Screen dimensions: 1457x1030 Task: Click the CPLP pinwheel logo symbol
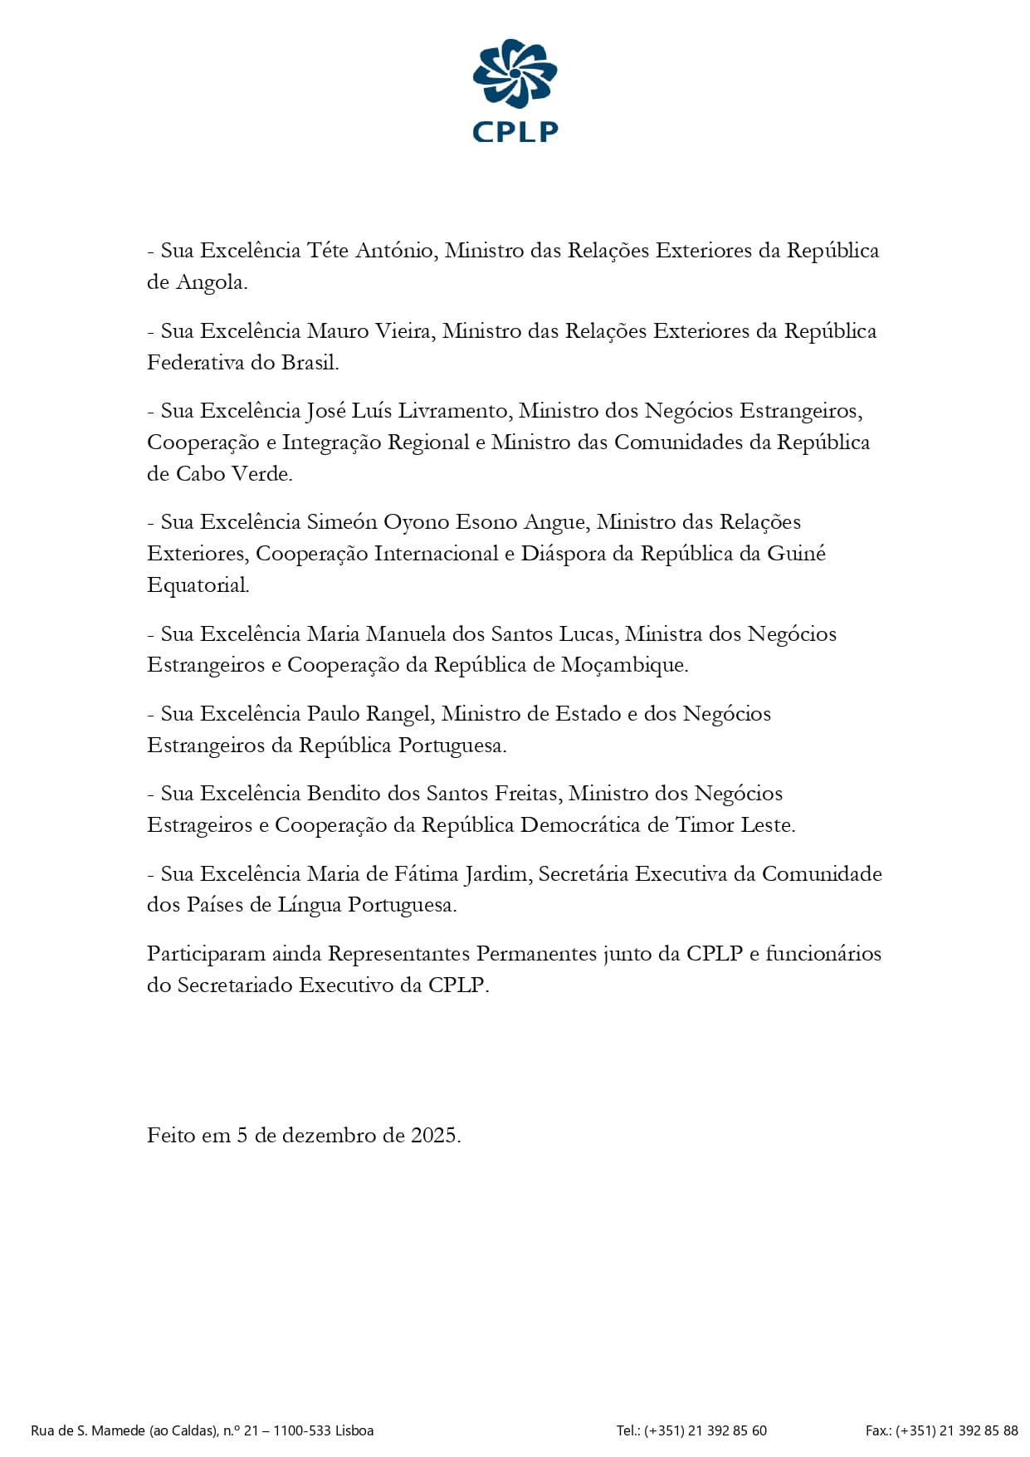(515, 73)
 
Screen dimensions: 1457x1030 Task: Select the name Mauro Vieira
(369, 331)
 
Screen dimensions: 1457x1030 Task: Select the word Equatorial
(198, 585)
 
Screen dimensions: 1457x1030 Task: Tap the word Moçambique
(623, 665)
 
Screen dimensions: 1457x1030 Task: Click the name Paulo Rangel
(369, 714)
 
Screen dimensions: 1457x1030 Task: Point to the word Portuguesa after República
(451, 746)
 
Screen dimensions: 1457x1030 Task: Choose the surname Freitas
(525, 794)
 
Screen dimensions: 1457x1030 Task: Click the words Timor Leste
(735, 825)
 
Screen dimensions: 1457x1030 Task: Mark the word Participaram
(206, 954)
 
